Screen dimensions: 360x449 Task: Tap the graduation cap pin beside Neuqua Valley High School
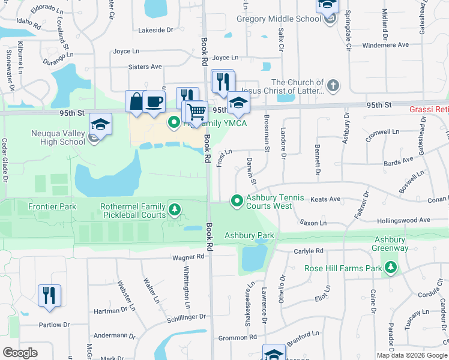pyautogui.click(x=101, y=125)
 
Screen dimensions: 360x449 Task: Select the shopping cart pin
pyautogui.click(x=196, y=112)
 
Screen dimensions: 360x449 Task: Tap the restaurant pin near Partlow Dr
pyautogui.click(x=49, y=296)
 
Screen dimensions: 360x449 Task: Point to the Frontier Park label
pyautogui.click(x=52, y=206)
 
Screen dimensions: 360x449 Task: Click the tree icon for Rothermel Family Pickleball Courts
pyautogui.click(x=175, y=209)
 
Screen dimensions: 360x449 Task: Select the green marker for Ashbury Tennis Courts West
pyautogui.click(x=237, y=200)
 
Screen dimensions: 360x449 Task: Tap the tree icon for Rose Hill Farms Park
pyautogui.click(x=391, y=266)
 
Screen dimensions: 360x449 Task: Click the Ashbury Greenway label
pyautogui.click(x=391, y=244)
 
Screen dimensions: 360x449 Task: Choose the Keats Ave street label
pyautogui.click(x=326, y=199)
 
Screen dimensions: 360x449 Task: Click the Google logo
pyautogui.click(x=20, y=353)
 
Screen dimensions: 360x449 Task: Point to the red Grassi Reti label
pyautogui.click(x=429, y=109)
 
